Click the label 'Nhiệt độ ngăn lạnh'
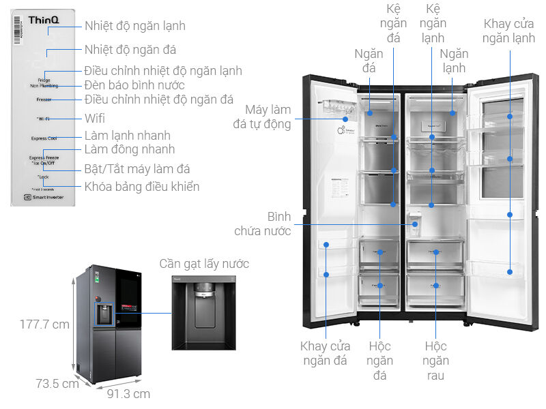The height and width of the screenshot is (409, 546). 134,26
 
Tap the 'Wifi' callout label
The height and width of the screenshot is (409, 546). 94,119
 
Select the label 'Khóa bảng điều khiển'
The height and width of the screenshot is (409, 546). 141,187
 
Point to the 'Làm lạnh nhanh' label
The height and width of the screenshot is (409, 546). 127,136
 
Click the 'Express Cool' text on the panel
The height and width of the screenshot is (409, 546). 44,138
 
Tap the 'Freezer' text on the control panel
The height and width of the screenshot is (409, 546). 44,100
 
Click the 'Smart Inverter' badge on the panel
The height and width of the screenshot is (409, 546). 43,198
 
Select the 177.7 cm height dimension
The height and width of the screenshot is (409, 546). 45,324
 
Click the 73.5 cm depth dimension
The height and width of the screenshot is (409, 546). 57,384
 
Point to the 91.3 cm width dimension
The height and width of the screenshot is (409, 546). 128,394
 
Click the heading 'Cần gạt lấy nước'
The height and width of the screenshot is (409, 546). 204,264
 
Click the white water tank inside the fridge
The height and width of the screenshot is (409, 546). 414,221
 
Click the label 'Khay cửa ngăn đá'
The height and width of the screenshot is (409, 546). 326,354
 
